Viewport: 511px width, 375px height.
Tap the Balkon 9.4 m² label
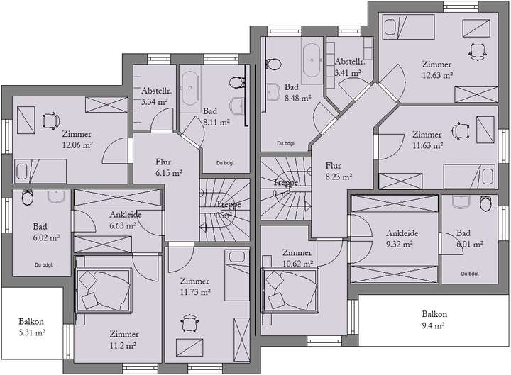434,320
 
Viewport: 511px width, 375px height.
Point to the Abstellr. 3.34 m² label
155,96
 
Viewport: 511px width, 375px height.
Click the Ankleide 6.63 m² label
123,220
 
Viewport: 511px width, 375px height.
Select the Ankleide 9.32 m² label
402,237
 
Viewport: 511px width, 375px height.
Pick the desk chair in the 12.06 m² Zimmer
50,120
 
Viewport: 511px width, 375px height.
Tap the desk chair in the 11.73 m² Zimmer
189,323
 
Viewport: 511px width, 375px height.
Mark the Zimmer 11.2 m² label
123,340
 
